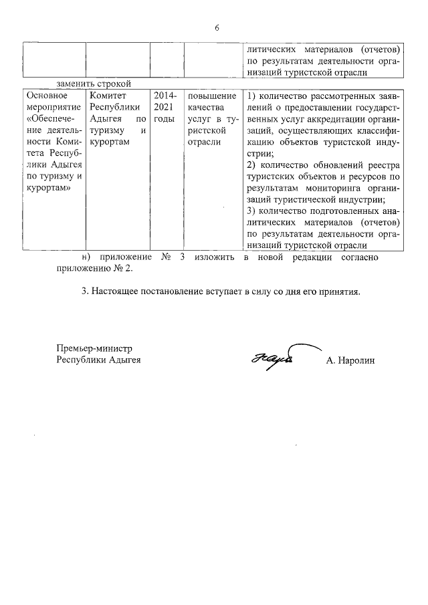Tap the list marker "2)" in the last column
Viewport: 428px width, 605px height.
[252, 164]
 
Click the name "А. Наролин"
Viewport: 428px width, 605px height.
[351, 360]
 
